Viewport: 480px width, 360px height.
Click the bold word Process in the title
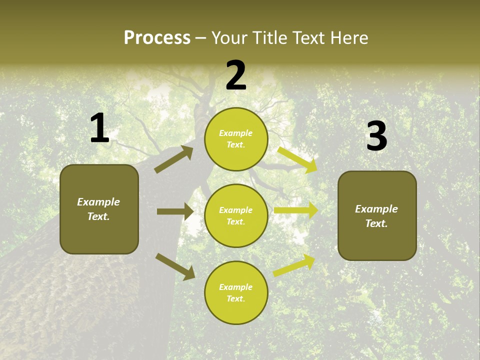pyautogui.click(x=157, y=38)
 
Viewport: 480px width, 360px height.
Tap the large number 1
pyautogui.click(x=99, y=128)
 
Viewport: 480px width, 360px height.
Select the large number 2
pyautogui.click(x=236, y=76)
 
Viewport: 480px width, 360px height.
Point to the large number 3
pyautogui.click(x=376, y=136)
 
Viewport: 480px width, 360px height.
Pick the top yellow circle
pyautogui.click(x=236, y=139)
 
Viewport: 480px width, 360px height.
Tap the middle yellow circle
pyautogui.click(x=236, y=216)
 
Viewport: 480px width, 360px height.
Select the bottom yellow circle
pyautogui.click(x=236, y=293)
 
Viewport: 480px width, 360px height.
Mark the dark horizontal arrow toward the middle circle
pyautogui.click(x=175, y=211)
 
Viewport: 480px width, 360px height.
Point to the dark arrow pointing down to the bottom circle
pyautogui.click(x=175, y=266)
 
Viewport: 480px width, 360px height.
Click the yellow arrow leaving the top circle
pyautogui.click(x=297, y=159)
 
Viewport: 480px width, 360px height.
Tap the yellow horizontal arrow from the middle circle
pyautogui.click(x=296, y=210)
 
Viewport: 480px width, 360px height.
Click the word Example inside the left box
pyautogui.click(x=98, y=202)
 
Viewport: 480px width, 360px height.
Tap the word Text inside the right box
pyautogui.click(x=376, y=223)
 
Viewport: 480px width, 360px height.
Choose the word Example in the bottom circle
pyautogui.click(x=236, y=287)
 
